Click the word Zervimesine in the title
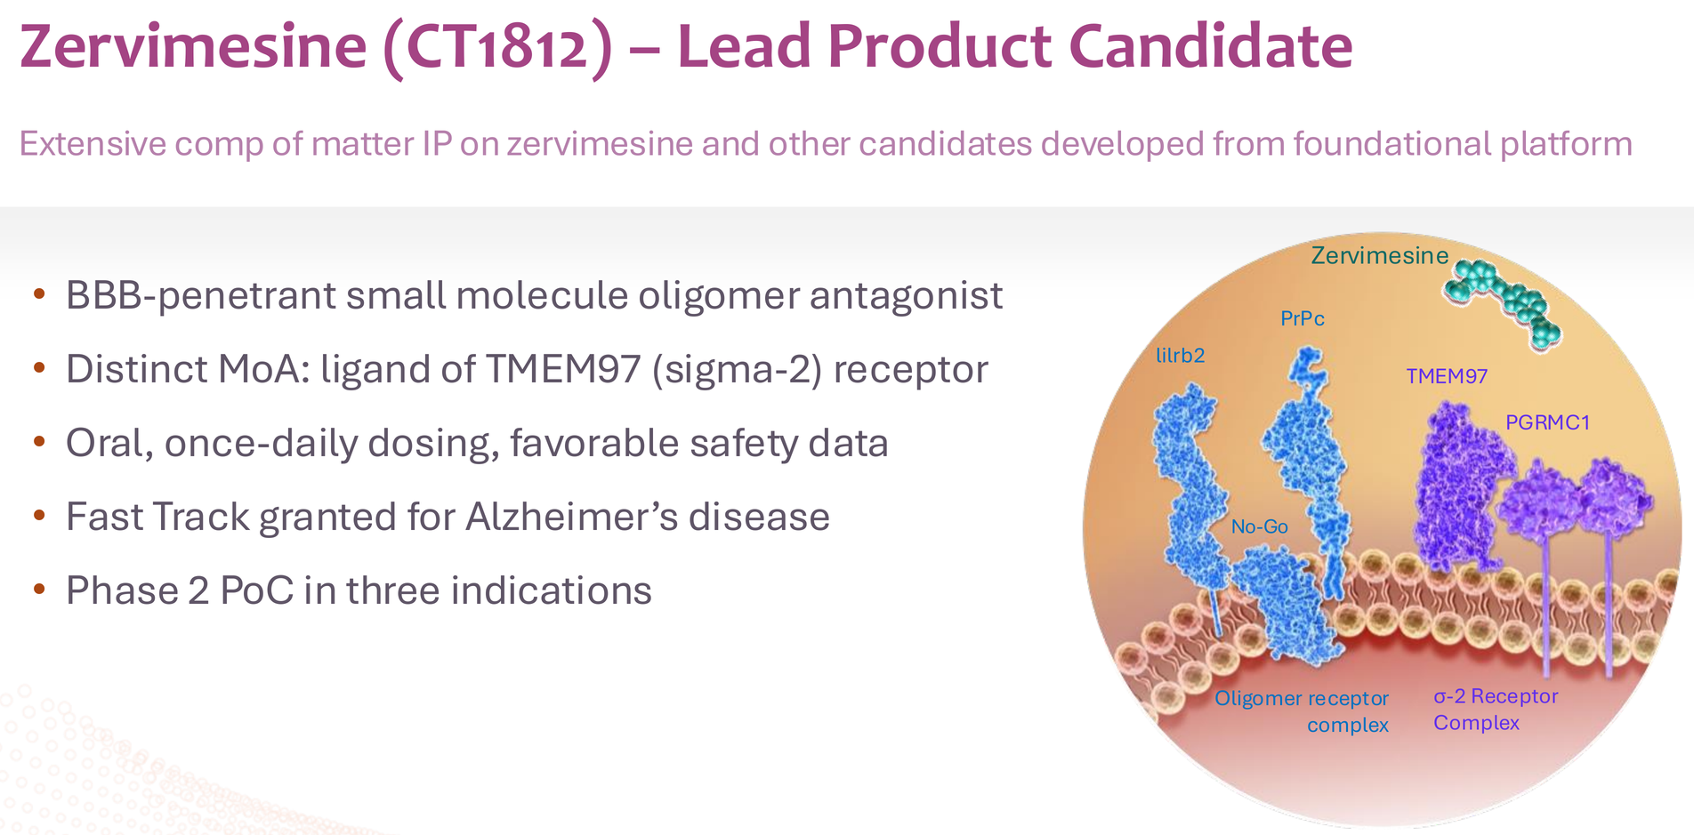coord(193,46)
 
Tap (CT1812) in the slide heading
coord(498,48)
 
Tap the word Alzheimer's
coord(570,517)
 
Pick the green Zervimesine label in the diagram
coord(1380,256)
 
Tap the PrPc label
coord(1303,318)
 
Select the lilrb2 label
coord(1180,356)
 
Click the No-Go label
coord(1260,526)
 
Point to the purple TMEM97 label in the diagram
coord(1447,376)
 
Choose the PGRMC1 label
coord(1547,422)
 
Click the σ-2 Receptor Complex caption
coord(1496,709)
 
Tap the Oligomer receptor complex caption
coord(1302,711)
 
